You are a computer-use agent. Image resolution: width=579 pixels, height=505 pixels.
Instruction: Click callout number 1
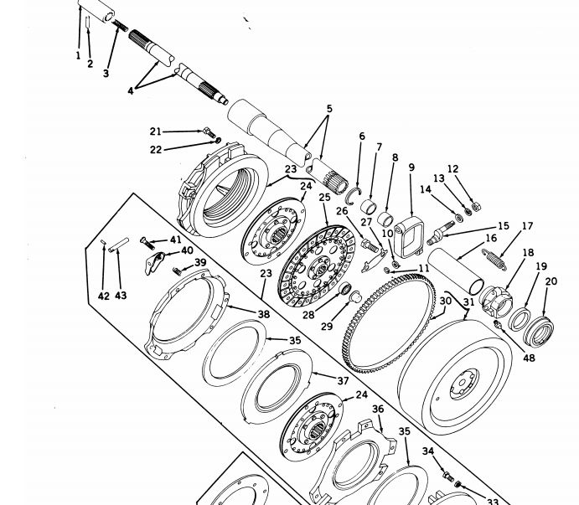coord(78,57)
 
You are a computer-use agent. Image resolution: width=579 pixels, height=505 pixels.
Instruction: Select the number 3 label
coord(106,74)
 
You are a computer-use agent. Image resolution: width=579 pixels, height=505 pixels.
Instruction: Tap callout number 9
coord(411,167)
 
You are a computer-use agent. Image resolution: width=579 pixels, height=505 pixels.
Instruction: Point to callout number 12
coord(453,168)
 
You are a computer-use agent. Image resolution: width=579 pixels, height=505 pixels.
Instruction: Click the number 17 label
coord(527,226)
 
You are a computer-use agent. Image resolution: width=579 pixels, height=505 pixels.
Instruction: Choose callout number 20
coord(551,281)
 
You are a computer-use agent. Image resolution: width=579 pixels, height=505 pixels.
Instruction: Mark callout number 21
coord(155,131)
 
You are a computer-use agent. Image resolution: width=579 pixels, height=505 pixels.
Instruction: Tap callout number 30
coord(445,301)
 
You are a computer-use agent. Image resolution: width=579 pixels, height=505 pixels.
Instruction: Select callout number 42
coord(102,296)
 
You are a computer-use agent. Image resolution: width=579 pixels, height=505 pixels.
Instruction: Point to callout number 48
coord(528,358)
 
